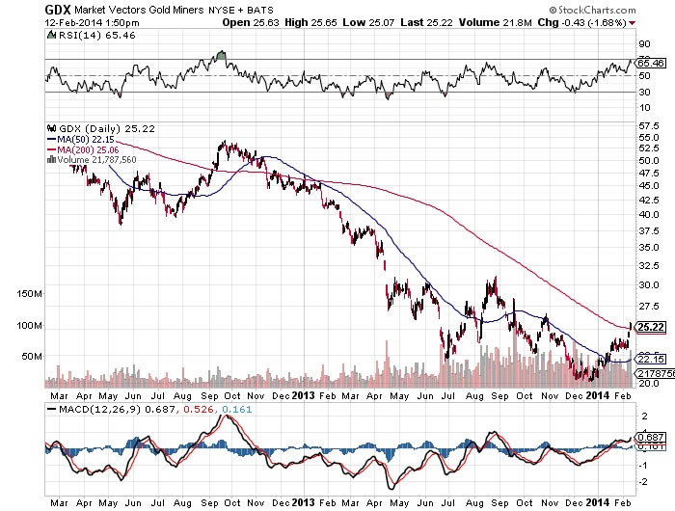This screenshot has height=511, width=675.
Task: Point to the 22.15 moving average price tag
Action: (x=648, y=359)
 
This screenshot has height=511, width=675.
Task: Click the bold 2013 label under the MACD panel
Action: (x=302, y=501)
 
